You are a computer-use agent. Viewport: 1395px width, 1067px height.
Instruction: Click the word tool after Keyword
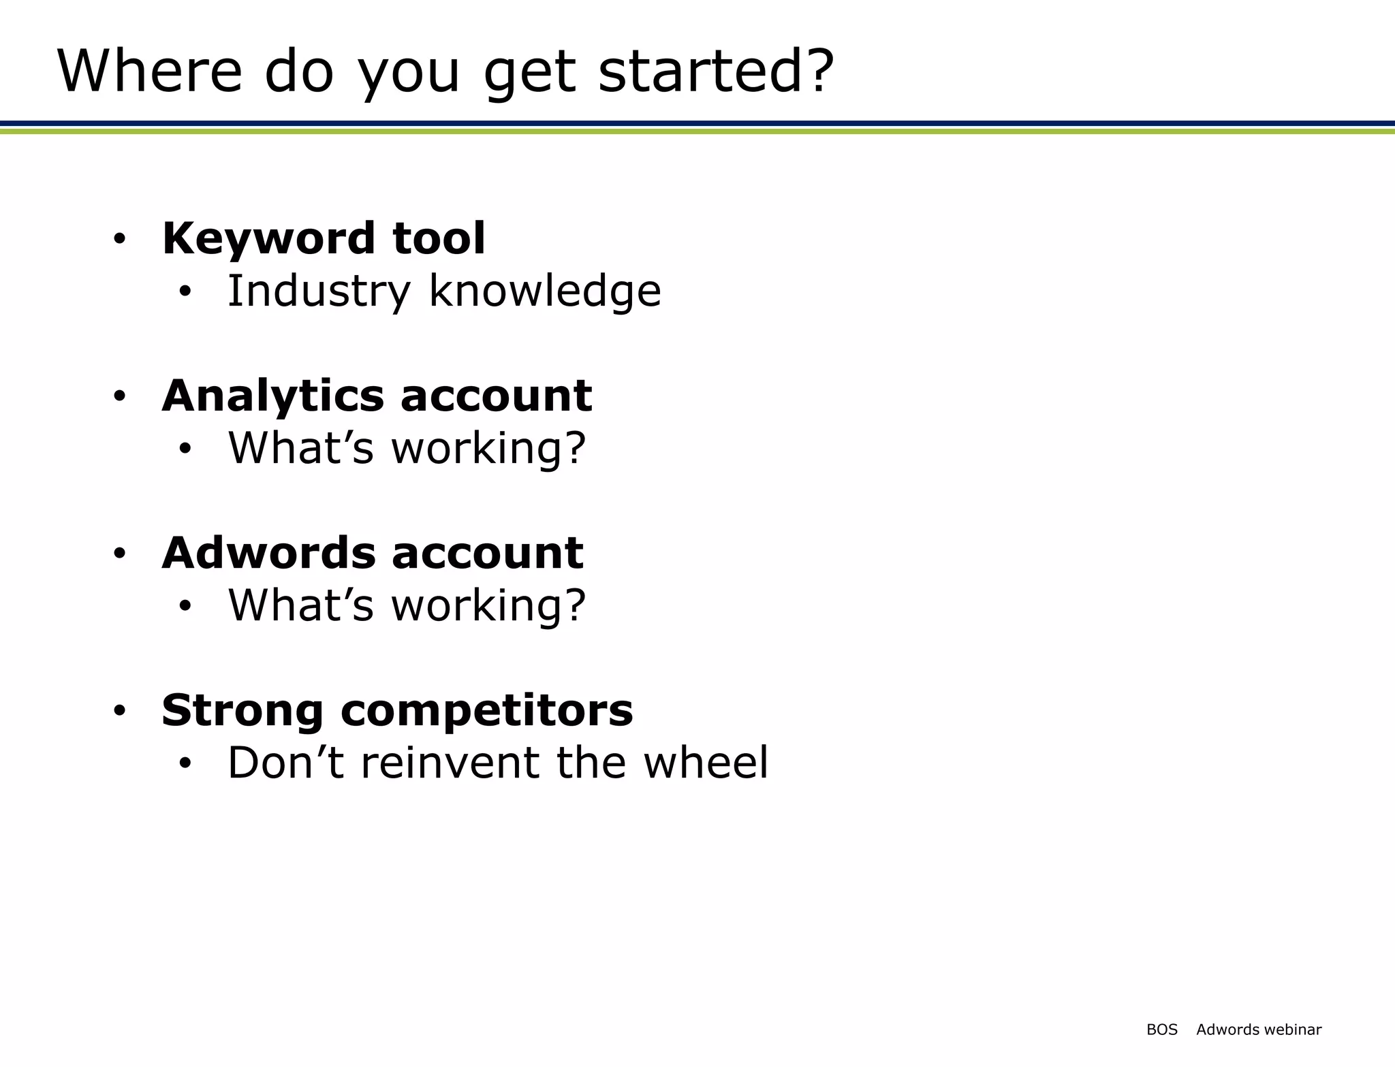[439, 239]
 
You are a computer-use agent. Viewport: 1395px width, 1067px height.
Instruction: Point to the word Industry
[319, 291]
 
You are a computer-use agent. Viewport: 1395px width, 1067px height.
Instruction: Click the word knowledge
[545, 291]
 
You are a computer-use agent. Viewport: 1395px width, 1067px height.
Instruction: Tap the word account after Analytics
[497, 396]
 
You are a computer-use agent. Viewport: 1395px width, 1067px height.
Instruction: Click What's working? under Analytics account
[407, 449]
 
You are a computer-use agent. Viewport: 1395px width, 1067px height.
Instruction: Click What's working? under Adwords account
[407, 605]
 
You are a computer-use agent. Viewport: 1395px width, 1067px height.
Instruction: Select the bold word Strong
[242, 711]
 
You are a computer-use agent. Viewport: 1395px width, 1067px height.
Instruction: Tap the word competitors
[486, 711]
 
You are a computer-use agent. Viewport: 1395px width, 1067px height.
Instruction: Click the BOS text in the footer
[1161, 1030]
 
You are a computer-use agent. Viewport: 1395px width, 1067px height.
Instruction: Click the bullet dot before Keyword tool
[120, 240]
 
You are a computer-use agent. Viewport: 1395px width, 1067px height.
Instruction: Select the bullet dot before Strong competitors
[120, 712]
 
